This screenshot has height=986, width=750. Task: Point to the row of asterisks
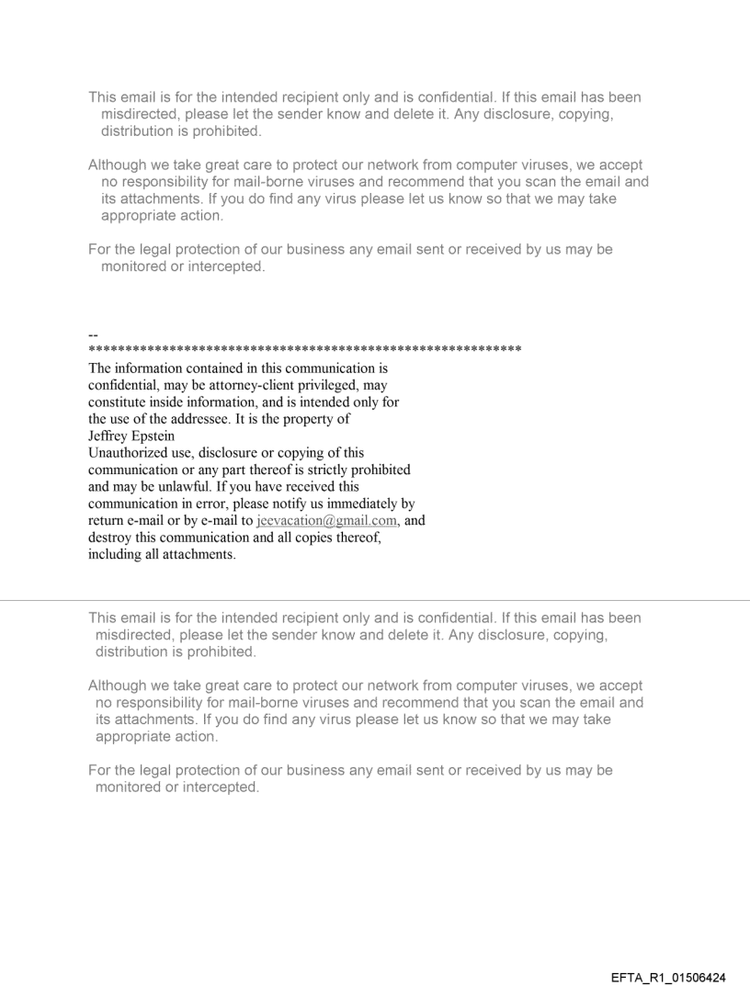click(x=304, y=350)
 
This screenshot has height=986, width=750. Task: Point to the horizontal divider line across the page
click(x=375, y=601)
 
